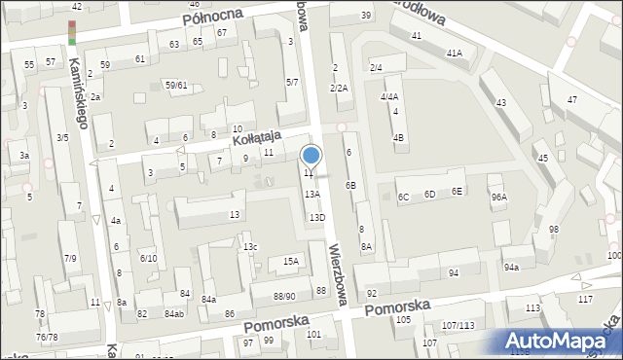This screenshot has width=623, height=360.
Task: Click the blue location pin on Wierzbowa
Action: [311, 156]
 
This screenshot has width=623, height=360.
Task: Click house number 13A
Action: [311, 195]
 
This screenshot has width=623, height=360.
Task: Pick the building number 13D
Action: [316, 218]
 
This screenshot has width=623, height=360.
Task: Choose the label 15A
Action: [290, 261]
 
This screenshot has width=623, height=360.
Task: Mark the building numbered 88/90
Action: [283, 296]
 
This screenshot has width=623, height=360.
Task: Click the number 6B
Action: [350, 185]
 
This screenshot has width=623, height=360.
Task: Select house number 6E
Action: [457, 192]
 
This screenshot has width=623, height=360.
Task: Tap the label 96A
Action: [498, 198]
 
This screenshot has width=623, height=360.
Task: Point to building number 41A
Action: [454, 53]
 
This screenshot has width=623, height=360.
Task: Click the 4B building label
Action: [398, 137]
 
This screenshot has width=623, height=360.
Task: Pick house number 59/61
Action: [175, 86]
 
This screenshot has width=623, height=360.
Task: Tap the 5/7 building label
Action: [291, 83]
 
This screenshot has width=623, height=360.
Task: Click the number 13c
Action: [251, 247]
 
